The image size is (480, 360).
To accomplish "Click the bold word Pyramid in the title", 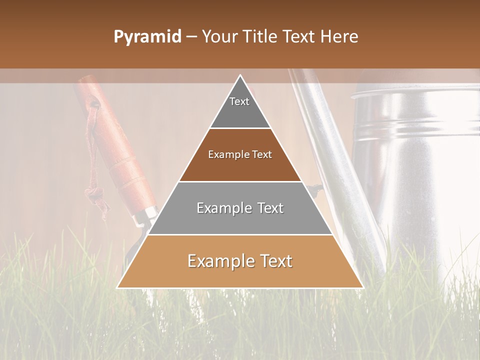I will point(147,37).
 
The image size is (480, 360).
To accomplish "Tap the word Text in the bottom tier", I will point(273,261).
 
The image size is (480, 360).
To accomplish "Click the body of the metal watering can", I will point(415,165).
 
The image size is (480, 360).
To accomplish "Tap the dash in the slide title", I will point(191,37).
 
